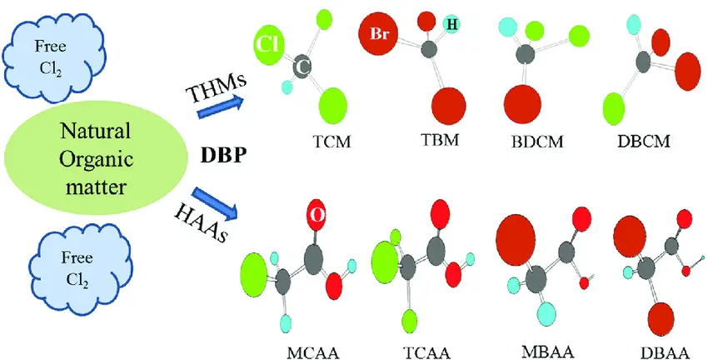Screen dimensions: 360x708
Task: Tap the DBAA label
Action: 645,344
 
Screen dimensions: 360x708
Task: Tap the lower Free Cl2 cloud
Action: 67,259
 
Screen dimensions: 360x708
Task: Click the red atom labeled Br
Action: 378,34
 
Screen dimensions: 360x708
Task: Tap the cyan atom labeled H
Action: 452,24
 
